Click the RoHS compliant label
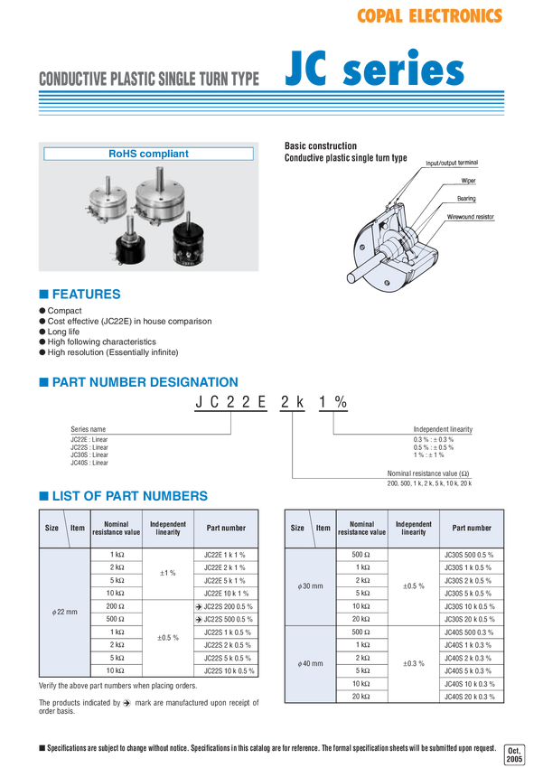pos(149,154)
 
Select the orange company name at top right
pos(429,16)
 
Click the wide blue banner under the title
pos(270,103)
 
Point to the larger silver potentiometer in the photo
pos(164,202)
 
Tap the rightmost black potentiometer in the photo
pos(194,243)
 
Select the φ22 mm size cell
pos(65,612)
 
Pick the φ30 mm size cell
pos(310,586)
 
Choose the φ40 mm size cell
pos(310,664)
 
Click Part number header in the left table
pos(226,528)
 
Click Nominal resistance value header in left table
pos(117,528)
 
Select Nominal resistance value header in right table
pos(361,528)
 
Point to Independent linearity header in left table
pos(168,528)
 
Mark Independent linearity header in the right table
pos(414,528)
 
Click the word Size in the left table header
pos(52,528)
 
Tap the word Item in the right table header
pos(323,528)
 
